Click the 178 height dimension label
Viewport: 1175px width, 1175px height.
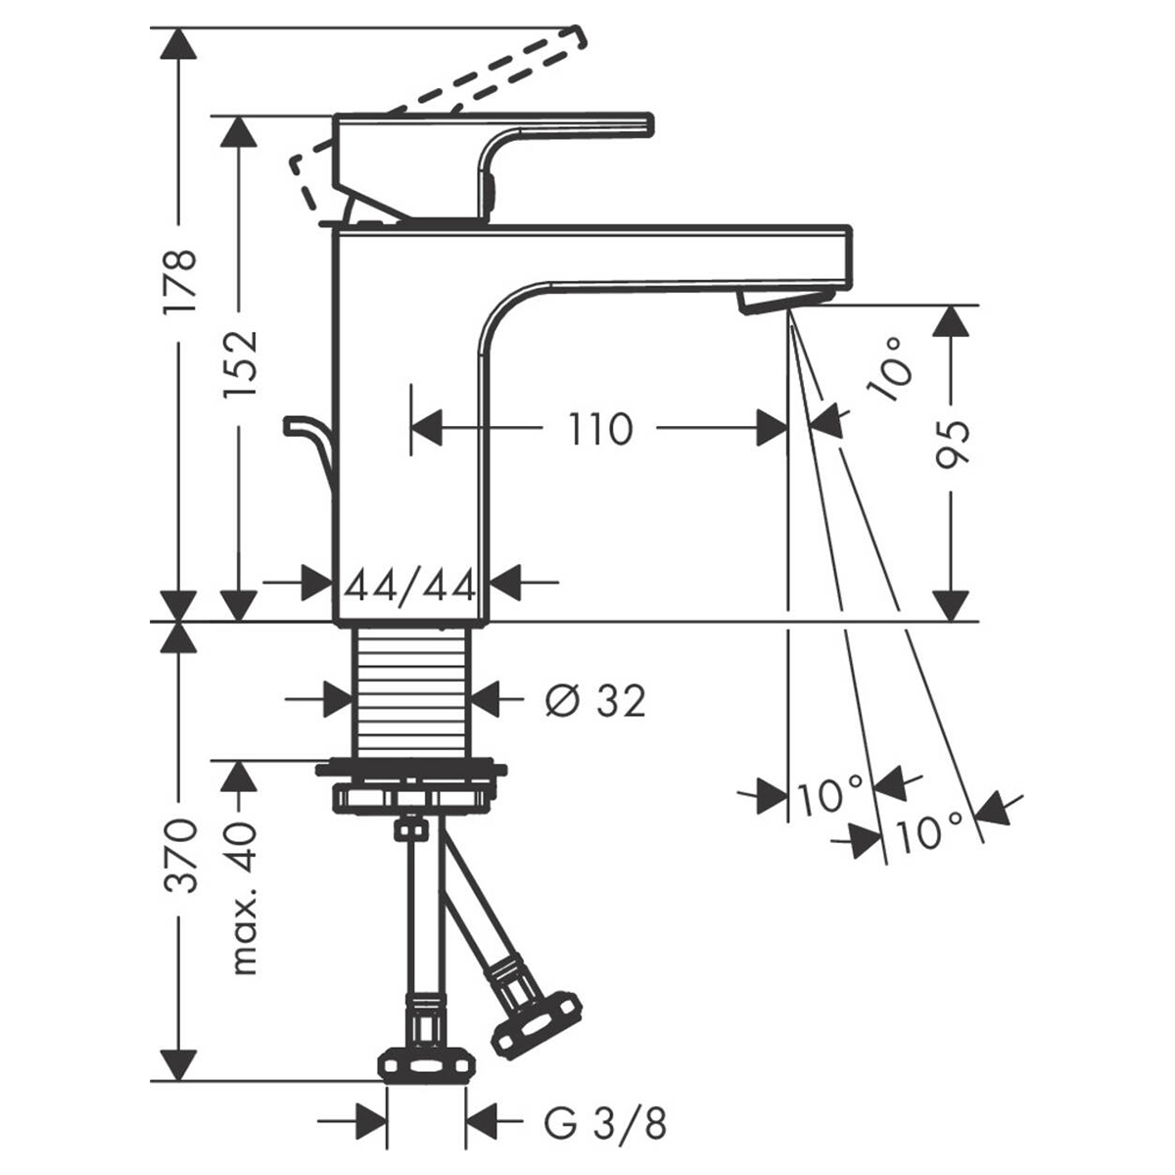point(179,281)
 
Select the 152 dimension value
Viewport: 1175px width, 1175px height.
point(239,361)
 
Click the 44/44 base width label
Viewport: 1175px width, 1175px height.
point(410,587)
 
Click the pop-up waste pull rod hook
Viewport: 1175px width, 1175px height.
point(308,441)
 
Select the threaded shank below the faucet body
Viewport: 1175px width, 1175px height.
point(411,690)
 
